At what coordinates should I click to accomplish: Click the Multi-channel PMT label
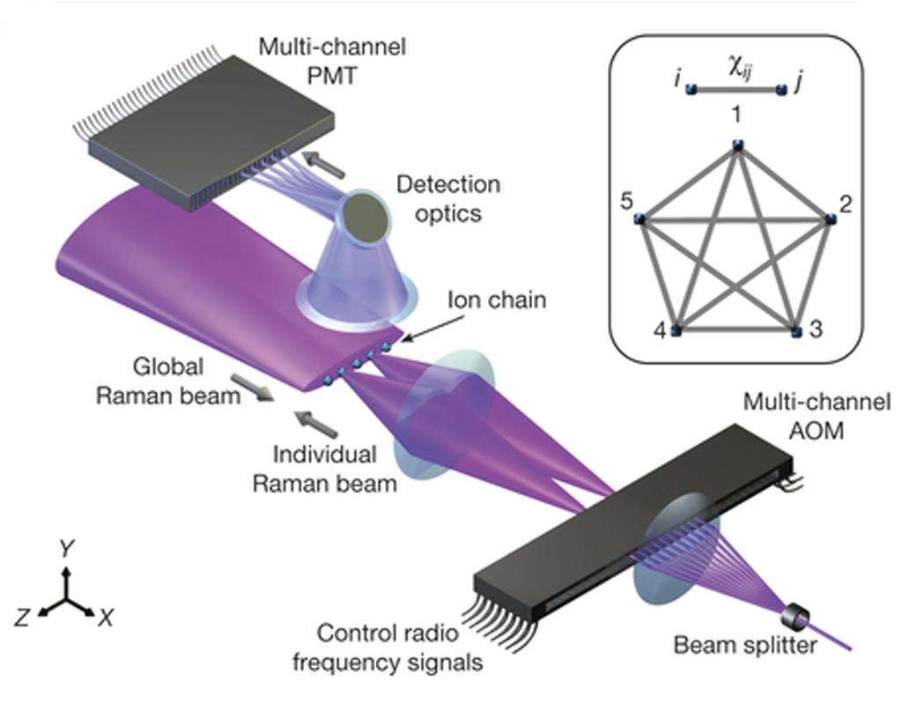(x=332, y=59)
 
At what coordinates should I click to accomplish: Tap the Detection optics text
(x=447, y=198)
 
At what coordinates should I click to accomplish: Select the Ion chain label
(x=496, y=300)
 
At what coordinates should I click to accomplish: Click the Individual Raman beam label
(x=324, y=469)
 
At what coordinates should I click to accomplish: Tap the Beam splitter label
(x=745, y=645)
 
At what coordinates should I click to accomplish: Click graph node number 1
(x=738, y=145)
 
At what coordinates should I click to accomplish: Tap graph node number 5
(x=641, y=219)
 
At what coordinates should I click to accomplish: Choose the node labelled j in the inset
(x=781, y=89)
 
